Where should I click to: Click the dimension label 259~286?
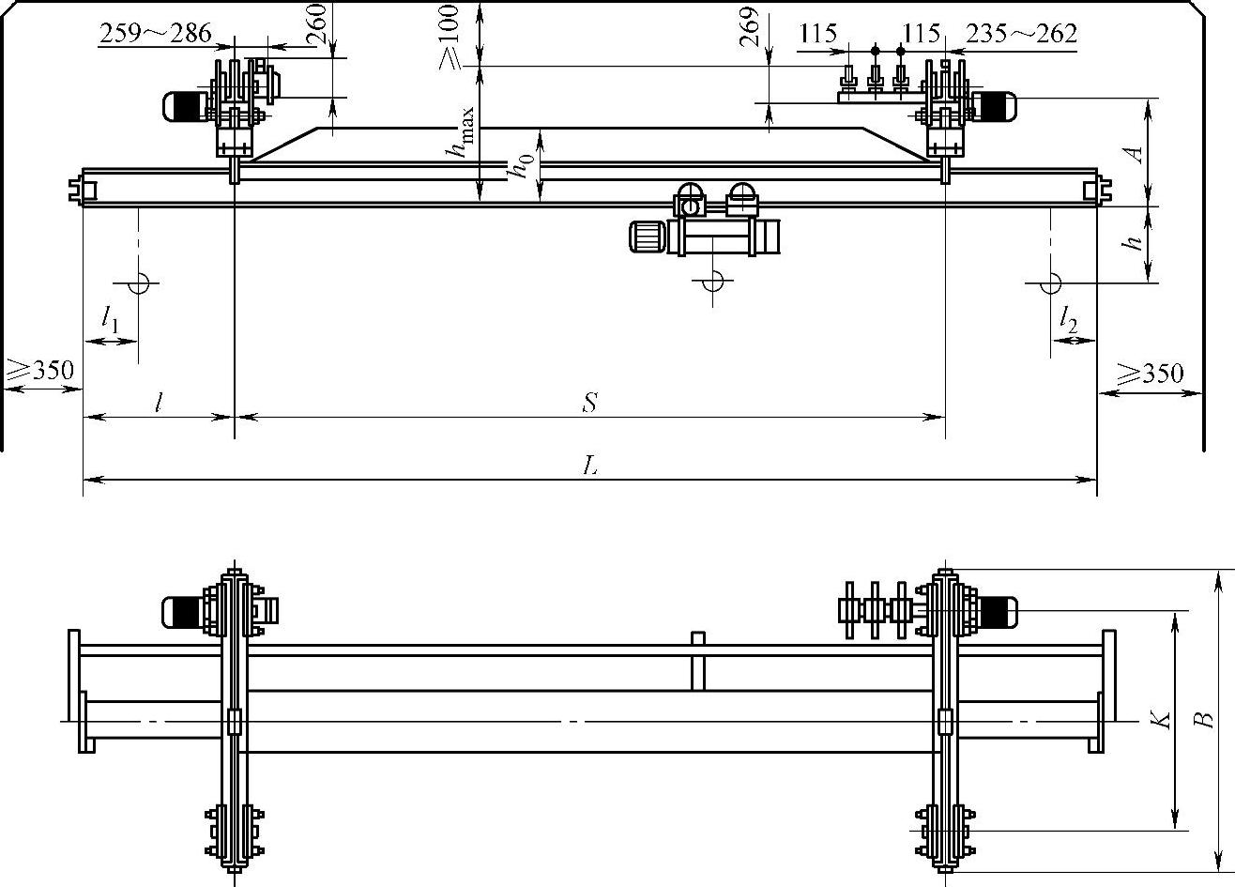click(155, 35)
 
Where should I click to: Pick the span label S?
click(589, 404)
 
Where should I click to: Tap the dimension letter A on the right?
click(1135, 153)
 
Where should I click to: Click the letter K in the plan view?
click(1162, 720)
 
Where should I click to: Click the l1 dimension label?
click(110, 319)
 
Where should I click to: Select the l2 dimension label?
click(1067, 322)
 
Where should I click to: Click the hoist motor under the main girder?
click(648, 236)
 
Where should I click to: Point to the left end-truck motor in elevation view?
click(184, 106)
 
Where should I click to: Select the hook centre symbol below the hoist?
click(713, 280)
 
